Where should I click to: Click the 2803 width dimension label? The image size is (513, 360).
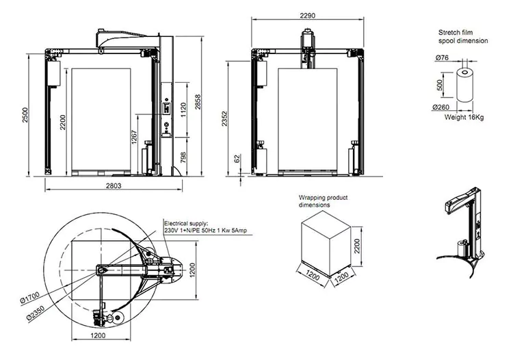(114, 185)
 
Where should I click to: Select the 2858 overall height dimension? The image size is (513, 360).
(198, 102)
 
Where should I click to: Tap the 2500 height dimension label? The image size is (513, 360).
(25, 115)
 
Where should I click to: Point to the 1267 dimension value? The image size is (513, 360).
(134, 137)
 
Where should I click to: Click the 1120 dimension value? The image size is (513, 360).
(183, 110)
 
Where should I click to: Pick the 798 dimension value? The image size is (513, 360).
(183, 157)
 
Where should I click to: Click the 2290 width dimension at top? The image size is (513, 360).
(308, 15)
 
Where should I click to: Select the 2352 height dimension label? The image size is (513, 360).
(224, 118)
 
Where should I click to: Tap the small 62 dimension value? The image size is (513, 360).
(237, 158)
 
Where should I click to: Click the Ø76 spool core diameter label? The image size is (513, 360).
(442, 57)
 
